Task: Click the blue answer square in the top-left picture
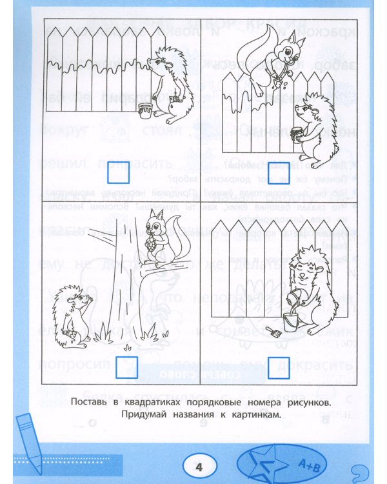[x=120, y=171]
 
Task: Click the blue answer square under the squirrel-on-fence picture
[x=278, y=171]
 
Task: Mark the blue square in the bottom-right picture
[x=278, y=363]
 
